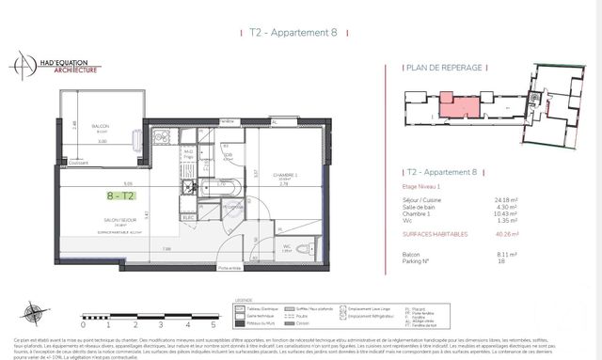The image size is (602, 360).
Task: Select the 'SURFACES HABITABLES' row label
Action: (437, 235)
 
